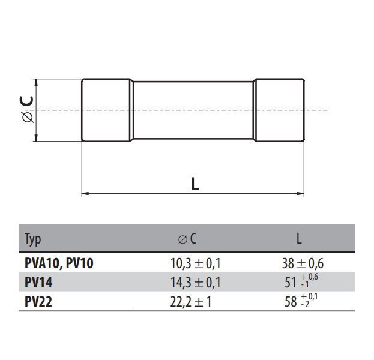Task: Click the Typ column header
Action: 32,239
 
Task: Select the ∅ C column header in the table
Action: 187,239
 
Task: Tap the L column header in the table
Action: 299,238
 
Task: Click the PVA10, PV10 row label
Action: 59,263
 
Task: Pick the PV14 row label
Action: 38,283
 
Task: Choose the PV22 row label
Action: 38,302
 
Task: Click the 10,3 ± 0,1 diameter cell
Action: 195,263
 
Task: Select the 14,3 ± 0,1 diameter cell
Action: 195,283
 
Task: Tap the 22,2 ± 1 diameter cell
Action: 191,302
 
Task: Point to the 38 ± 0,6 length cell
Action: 303,263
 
